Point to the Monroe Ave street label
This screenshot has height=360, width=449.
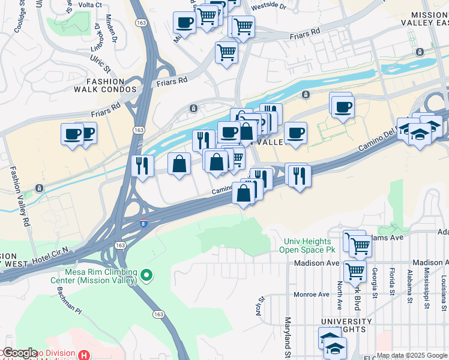point(312,295)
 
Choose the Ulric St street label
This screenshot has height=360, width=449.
point(98,60)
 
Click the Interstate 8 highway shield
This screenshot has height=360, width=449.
point(142,223)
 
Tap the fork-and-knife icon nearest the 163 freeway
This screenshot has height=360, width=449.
point(142,165)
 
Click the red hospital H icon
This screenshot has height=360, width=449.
point(84,355)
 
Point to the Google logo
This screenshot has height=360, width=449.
point(19,353)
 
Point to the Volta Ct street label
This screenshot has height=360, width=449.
point(91,5)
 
